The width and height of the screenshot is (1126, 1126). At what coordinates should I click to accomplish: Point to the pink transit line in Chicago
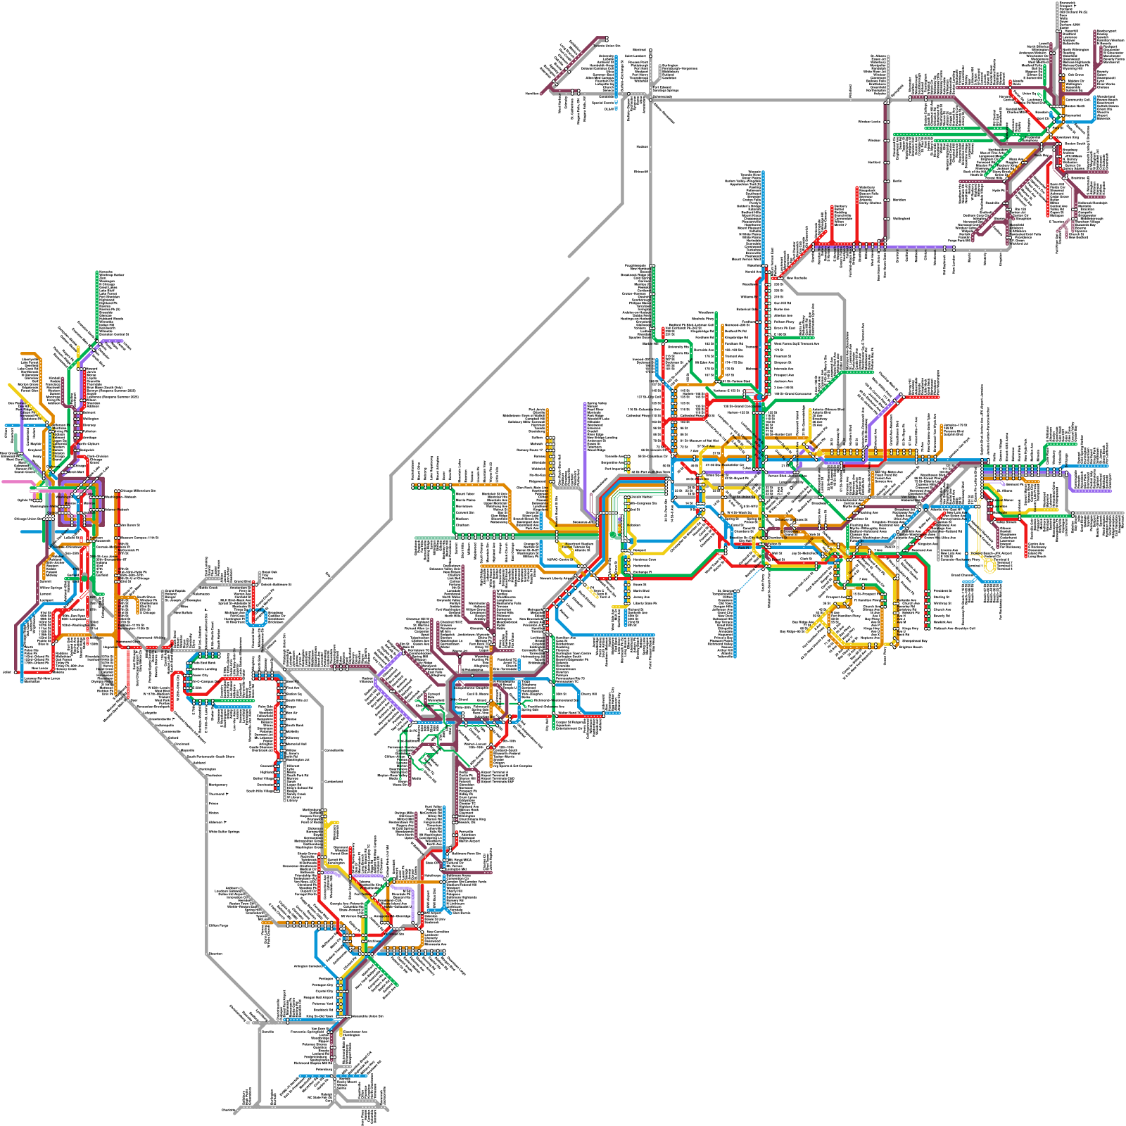(x=14, y=482)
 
